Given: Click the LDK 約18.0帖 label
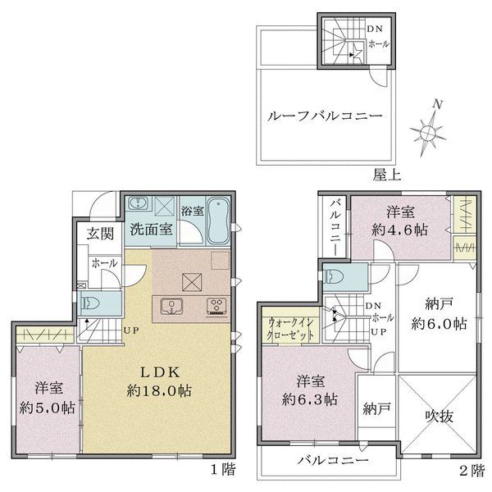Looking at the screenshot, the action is tap(159, 381).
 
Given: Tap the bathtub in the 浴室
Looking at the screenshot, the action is tap(218, 221).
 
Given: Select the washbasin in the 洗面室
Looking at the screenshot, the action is tap(138, 203).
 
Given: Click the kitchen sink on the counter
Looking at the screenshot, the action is tap(171, 306).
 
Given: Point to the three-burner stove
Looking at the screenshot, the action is tap(216, 307).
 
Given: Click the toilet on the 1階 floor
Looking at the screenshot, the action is tap(90, 303).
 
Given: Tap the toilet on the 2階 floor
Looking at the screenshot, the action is tap(334, 277).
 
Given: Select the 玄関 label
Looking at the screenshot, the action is tap(100, 234).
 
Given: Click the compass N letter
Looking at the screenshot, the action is tap(438, 104).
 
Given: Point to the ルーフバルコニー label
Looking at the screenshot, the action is tap(325, 116).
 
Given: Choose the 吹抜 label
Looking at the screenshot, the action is tap(440, 416).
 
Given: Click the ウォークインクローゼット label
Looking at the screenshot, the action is tap(290, 329).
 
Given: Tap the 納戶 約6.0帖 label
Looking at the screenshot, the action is tap(440, 314).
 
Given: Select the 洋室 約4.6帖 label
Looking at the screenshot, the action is tap(400, 221).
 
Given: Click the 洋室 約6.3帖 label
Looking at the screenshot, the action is tap(310, 390).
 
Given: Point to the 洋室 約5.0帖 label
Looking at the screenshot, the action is tap(47, 399).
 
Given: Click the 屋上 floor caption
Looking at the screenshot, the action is tap(387, 175).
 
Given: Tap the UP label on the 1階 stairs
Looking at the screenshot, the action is tap(130, 330).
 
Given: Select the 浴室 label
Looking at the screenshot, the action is tap(193, 211).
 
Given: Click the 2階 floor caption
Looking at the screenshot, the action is tap(471, 471).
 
